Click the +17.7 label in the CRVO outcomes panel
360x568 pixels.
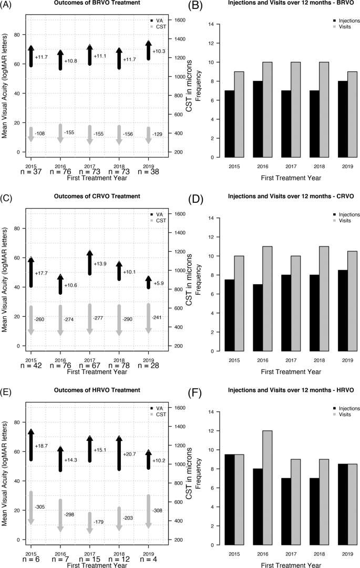click(x=42, y=273)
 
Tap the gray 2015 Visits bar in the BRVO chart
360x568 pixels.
click(x=239, y=115)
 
